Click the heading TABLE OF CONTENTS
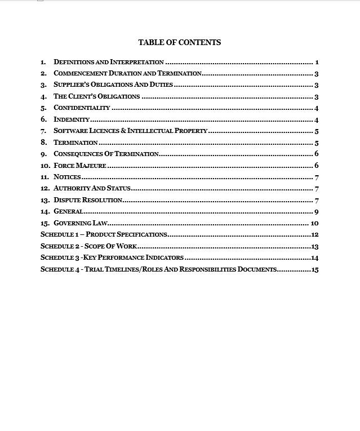179,42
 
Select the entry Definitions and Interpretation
109,62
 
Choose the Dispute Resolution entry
88,200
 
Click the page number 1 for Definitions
317,62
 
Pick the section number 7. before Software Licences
43,131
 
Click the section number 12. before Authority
45,189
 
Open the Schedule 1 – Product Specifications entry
104,234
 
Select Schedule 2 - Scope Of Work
88,246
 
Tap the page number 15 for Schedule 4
315,269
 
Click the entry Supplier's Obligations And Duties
113,85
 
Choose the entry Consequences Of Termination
106,154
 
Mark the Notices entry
67,177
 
